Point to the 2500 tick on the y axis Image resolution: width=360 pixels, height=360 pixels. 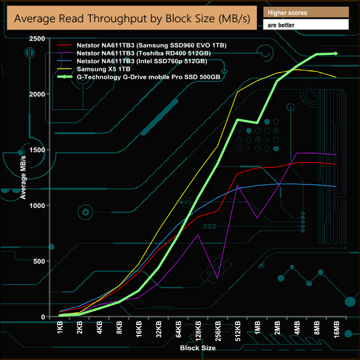pyautogui.click(x=37, y=39)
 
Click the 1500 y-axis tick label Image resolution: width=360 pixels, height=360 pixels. pyautogui.click(x=37, y=150)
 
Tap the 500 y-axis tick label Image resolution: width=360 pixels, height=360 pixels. pyautogui.click(x=39, y=261)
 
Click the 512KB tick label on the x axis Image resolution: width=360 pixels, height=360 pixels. pyautogui.click(x=237, y=330)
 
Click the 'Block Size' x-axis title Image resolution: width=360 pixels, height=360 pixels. pyautogui.click(x=198, y=348)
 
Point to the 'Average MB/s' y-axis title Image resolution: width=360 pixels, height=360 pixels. pyautogui.click(x=23, y=177)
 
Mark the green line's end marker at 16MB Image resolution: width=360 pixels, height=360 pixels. pyautogui.click(x=336, y=53)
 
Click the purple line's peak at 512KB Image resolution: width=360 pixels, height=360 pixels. pyautogui.click(x=238, y=186)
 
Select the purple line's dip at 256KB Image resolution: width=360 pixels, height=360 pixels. pyautogui.click(x=218, y=277)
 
